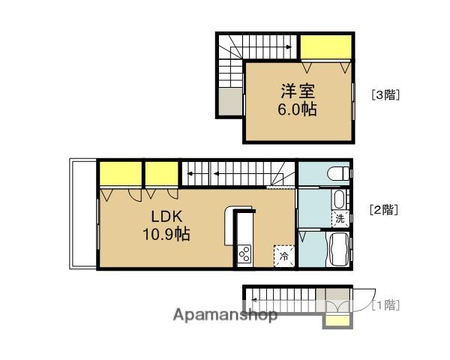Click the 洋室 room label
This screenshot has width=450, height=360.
(x=298, y=91)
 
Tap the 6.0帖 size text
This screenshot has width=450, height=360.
(x=298, y=109)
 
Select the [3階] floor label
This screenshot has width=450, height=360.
(x=385, y=95)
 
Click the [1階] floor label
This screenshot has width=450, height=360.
(x=385, y=304)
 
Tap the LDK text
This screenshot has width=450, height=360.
(x=166, y=216)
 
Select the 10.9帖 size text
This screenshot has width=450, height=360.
(x=166, y=234)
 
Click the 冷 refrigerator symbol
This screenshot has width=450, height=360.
(x=283, y=256)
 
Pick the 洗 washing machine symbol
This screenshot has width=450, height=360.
(x=340, y=220)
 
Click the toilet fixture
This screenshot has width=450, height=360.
(x=341, y=173)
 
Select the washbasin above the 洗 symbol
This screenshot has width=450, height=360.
(x=340, y=200)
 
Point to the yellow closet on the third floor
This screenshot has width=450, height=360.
(x=325, y=47)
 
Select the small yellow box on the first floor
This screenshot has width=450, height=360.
(x=336, y=321)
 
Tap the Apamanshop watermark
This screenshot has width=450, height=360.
(x=225, y=314)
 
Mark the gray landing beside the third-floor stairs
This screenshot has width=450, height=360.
(x=230, y=102)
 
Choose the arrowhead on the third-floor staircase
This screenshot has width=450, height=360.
(x=289, y=46)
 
